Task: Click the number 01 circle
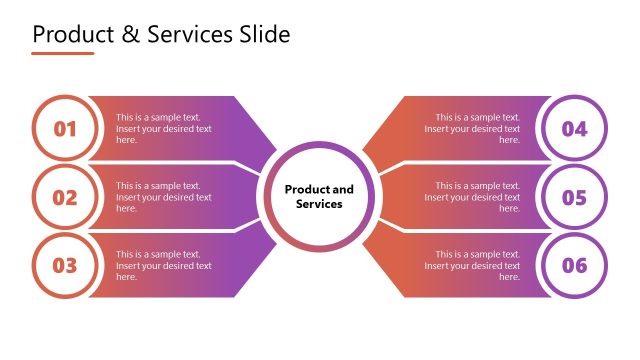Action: pyautogui.click(x=65, y=129)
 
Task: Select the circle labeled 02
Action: pyautogui.click(x=65, y=197)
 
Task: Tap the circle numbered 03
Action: pyautogui.click(x=65, y=265)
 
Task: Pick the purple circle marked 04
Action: pyautogui.click(x=574, y=129)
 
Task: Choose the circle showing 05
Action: pyautogui.click(x=574, y=197)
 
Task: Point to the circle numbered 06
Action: pyautogui.click(x=574, y=265)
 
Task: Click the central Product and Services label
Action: pyautogui.click(x=319, y=196)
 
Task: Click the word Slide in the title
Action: pyautogui.click(x=265, y=35)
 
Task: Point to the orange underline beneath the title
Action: pyautogui.click(x=63, y=53)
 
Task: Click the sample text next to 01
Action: pyautogui.click(x=163, y=128)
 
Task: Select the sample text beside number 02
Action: pyautogui.click(x=163, y=197)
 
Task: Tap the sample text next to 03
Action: pyautogui.click(x=163, y=265)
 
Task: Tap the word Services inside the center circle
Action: pyautogui.click(x=319, y=204)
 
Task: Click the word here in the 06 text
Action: pyautogui.click(x=509, y=277)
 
